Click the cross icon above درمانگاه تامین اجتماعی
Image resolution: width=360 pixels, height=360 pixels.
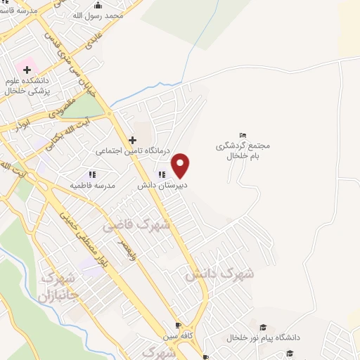tap(132, 141)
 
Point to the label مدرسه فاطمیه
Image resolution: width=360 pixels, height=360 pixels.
tap(92, 185)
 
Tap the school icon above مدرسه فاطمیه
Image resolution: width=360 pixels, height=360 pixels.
tap(92, 174)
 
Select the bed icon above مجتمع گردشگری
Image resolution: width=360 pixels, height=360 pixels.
tap(243, 135)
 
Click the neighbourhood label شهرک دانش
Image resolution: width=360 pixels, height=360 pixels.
tap(219, 273)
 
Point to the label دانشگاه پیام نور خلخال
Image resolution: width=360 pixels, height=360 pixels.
tap(263, 337)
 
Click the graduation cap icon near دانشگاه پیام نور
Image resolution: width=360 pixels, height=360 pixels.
tap(263, 327)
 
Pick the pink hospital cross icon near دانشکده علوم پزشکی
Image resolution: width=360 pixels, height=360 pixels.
tap(27, 70)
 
